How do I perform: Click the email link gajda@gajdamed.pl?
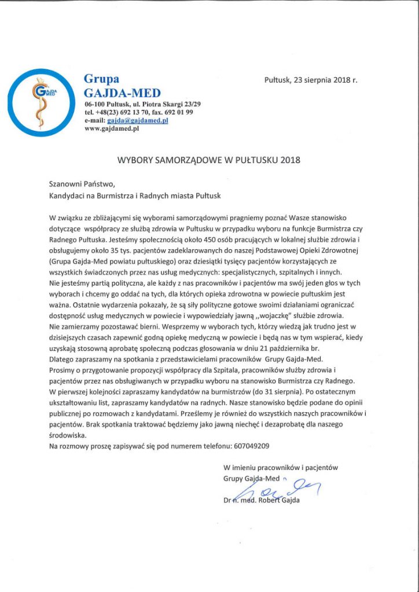tap(137, 120)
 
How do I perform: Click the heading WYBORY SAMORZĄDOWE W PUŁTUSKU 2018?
tap(209, 157)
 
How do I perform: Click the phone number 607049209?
tap(252, 446)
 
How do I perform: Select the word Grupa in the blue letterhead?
tap(101, 79)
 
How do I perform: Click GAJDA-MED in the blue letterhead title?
tap(122, 92)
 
